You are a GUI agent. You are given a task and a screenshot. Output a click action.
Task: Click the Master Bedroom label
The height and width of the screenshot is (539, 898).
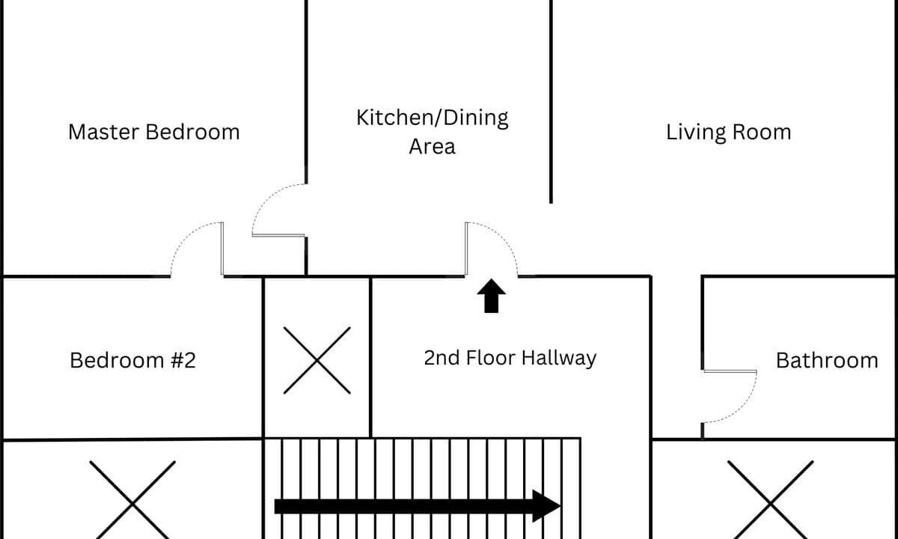coord(154,133)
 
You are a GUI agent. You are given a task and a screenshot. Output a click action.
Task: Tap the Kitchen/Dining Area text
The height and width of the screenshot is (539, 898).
coord(433,132)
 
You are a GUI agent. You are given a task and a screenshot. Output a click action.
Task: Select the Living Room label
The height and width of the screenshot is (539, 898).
coord(728,133)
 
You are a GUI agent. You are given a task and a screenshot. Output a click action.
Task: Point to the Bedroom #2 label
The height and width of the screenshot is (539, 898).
coord(132,360)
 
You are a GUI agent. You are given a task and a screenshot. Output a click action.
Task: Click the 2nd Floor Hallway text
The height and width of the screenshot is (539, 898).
coord(510,358)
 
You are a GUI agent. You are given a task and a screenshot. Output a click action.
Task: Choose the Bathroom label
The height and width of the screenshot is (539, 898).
coord(827,360)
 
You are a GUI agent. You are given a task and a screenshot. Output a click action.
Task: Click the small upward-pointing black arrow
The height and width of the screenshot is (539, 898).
coord(491,296)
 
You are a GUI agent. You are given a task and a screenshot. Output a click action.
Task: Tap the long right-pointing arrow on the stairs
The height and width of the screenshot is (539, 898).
coord(417,506)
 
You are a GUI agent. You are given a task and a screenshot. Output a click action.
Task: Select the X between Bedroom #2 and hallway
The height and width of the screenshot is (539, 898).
coord(317,360)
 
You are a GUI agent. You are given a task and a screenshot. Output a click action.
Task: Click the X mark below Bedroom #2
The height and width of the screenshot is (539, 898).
coord(132,504)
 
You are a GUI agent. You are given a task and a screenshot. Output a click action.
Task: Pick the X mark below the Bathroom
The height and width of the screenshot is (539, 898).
coord(770,504)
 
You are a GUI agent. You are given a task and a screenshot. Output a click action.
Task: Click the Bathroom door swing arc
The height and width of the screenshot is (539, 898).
coord(745,407)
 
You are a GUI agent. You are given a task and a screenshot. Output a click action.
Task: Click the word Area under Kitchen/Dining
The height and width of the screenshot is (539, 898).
coord(433,147)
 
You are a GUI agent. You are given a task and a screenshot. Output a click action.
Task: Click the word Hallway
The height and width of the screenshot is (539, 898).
coord(559,358)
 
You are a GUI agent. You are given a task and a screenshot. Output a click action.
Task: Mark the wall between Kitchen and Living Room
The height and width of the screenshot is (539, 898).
coord(551,102)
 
